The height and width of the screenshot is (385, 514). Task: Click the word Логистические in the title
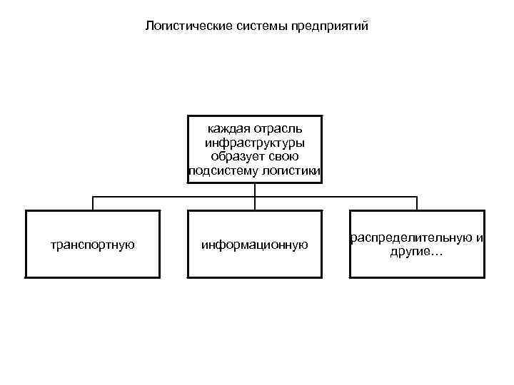[x=181, y=27]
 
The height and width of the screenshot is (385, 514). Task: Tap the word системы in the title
[x=246, y=27]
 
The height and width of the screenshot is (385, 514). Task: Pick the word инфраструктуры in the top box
[x=254, y=143]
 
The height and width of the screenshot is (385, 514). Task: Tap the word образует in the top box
[x=236, y=156]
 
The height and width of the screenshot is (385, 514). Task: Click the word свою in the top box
[x=284, y=156]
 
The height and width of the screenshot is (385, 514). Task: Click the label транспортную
[x=93, y=245]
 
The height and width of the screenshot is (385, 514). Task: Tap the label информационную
[x=254, y=245]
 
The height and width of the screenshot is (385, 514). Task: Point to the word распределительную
[x=410, y=238]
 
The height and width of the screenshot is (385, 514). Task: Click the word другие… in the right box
[x=416, y=252]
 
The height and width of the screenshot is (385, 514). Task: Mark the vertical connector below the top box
[x=255, y=190]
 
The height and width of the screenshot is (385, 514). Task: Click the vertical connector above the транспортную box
[x=93, y=204]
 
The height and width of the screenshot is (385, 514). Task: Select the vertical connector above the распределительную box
[x=417, y=204]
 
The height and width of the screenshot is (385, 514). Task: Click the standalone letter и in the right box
[x=479, y=238]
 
